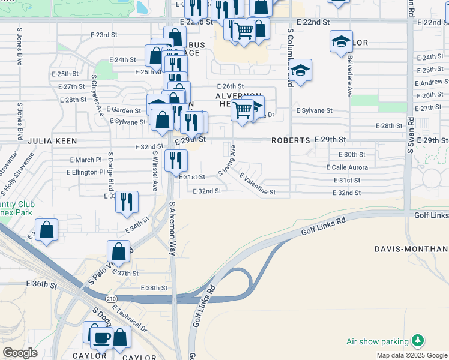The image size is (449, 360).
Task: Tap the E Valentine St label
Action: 257,185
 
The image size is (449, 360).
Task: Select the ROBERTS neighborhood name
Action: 291,140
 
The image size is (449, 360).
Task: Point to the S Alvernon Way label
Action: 172,229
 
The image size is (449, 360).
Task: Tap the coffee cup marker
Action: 101,337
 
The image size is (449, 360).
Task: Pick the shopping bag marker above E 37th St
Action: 119,252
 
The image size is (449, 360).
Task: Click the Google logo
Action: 20,352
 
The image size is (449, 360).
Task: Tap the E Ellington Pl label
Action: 87,172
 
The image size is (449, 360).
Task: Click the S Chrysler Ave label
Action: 97,94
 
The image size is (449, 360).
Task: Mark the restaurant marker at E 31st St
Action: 176,160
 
